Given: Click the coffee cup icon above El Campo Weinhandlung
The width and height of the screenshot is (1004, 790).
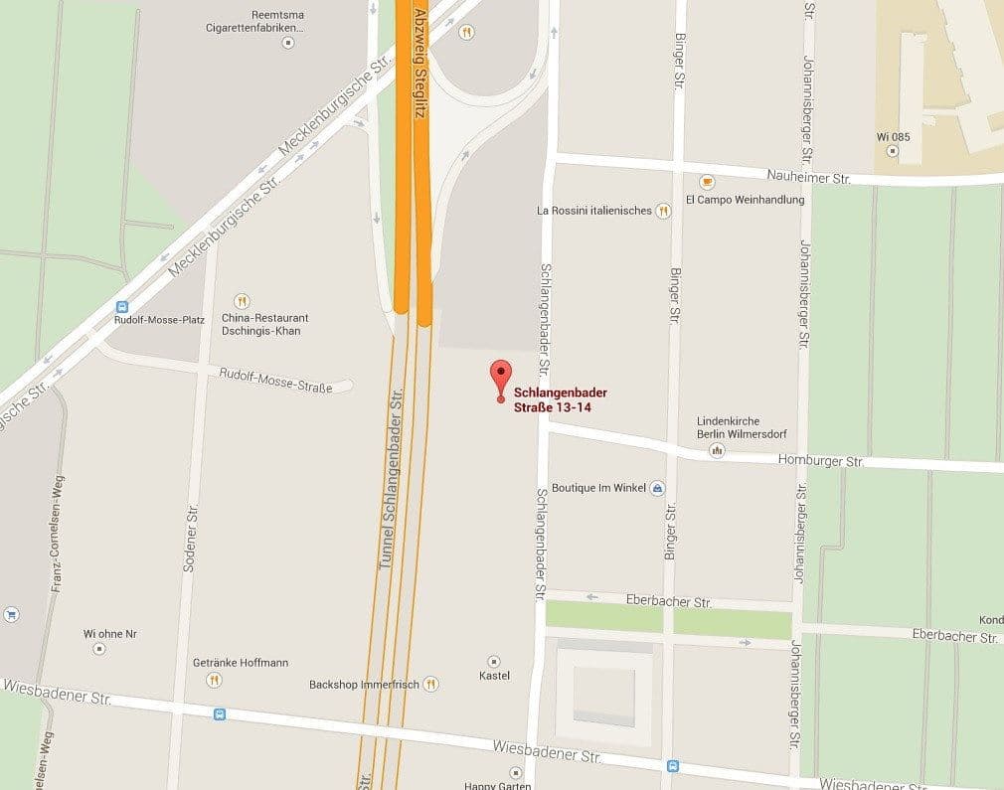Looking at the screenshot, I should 707,182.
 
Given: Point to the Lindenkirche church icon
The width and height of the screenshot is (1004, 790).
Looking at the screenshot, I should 717,451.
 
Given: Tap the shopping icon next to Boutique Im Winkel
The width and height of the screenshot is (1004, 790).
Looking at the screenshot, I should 656,488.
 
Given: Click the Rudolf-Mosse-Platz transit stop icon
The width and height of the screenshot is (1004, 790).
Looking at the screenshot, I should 123,307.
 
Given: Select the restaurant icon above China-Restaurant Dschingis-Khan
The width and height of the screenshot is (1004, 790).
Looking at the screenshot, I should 242,301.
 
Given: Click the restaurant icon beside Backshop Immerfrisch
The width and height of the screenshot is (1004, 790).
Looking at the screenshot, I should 430,683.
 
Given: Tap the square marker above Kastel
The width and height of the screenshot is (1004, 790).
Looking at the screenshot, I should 494,661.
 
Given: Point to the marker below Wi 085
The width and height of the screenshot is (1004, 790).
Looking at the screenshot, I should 892,151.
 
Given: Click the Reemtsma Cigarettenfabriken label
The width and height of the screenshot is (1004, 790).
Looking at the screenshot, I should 263,20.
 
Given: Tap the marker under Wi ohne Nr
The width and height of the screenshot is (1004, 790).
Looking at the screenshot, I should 99,648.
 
